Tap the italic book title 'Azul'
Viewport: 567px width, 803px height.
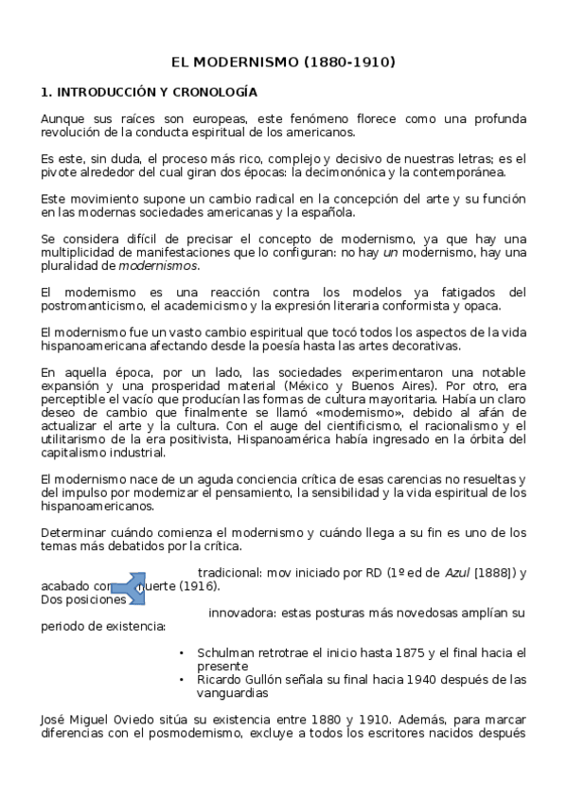(458, 573)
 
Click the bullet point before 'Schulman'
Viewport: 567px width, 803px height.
(182, 653)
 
